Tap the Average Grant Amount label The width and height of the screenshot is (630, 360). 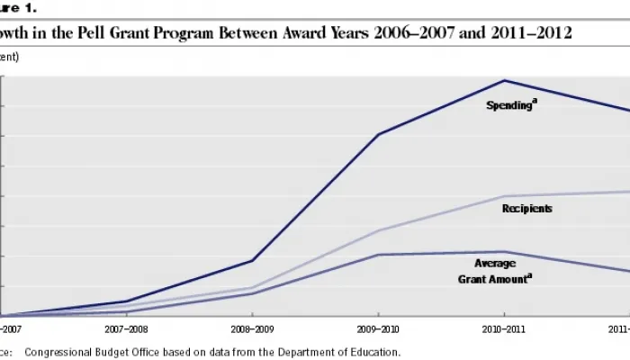tap(495, 270)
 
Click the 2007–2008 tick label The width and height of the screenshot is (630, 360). tap(127, 330)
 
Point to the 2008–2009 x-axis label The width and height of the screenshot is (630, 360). tap(253, 330)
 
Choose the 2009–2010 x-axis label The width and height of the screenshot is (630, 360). tap(378, 330)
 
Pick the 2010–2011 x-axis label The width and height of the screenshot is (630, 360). tap(504, 330)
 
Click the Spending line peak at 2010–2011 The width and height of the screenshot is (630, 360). tap(504, 80)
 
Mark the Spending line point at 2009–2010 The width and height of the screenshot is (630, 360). tap(378, 134)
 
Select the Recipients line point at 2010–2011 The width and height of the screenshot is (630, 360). tap(504, 196)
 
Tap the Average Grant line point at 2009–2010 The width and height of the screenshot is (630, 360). tap(378, 255)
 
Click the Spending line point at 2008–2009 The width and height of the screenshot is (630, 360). tap(253, 261)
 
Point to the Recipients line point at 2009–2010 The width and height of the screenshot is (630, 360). tap(378, 230)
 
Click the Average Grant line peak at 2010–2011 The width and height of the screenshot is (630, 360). tap(504, 252)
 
